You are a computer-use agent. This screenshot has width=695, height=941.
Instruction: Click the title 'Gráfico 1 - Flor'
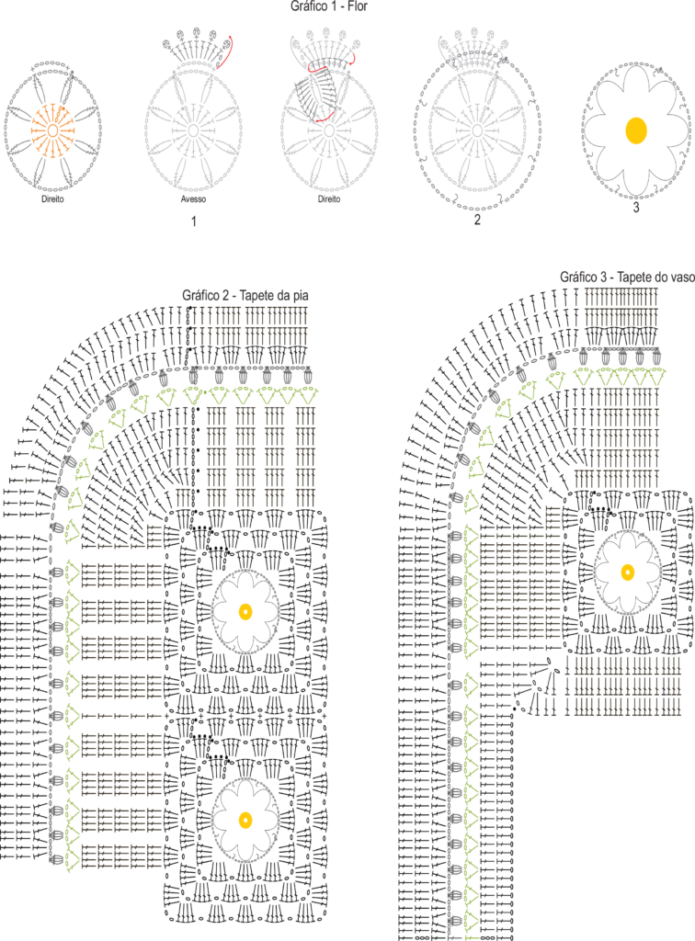tap(329, 6)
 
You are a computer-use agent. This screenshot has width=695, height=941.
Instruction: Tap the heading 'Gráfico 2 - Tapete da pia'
tap(245, 295)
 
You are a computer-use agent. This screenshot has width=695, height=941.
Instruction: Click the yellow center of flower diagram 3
tap(635, 130)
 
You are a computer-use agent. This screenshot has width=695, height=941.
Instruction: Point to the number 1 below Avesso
tap(193, 221)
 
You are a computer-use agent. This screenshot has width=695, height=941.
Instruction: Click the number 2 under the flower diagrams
tap(477, 221)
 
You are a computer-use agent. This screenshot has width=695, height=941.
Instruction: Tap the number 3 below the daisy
tap(636, 208)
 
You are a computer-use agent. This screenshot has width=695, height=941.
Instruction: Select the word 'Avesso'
tap(193, 199)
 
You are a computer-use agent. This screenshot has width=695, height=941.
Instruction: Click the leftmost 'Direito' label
tap(52, 199)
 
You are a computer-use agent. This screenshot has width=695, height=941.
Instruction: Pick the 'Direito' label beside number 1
tap(329, 199)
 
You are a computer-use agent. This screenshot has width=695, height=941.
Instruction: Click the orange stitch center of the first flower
tap(52, 130)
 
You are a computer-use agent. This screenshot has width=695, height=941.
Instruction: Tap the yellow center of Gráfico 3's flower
tap(628, 572)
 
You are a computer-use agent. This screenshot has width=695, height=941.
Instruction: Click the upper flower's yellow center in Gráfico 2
tap(245, 612)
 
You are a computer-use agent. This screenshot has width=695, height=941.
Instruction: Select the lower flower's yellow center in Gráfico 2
tap(245, 820)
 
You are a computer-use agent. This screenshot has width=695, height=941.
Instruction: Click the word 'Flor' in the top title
tap(358, 6)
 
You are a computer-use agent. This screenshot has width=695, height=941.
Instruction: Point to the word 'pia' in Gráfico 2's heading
tap(300, 296)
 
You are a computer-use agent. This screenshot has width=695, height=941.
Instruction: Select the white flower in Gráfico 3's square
tap(628, 572)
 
